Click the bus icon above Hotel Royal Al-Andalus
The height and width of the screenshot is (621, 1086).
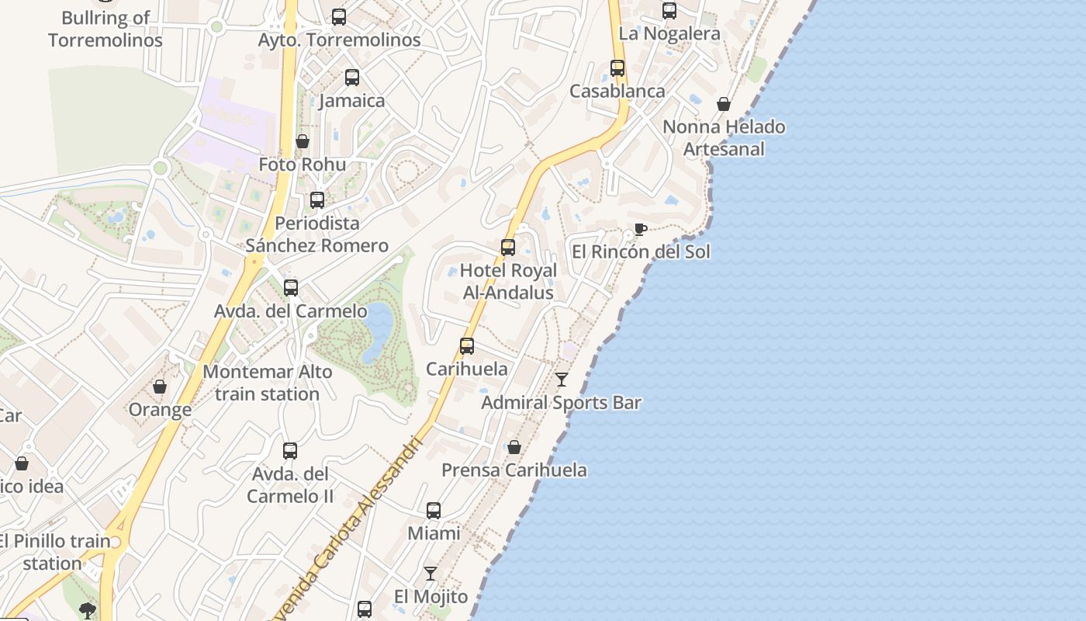coord(508,248)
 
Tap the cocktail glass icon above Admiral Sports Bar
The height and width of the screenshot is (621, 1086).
coord(562,380)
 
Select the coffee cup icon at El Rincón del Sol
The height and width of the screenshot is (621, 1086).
coord(639,229)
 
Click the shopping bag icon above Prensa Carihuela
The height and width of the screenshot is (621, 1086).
coord(514,447)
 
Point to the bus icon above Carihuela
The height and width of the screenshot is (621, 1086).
coord(467,346)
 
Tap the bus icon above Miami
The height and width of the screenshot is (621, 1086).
coord(434,511)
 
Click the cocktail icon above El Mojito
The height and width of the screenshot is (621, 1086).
coord(431,574)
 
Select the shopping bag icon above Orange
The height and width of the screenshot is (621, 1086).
coord(160,387)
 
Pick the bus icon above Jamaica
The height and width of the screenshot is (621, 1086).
coord(352,78)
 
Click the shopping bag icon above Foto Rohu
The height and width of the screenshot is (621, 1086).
coord(303,141)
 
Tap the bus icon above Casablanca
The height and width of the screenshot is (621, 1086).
coord(617,68)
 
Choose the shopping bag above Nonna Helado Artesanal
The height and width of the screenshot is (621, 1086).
coord(724,104)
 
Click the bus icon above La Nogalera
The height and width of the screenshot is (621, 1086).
coord(669,11)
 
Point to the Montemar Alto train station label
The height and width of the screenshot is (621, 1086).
coord(268,383)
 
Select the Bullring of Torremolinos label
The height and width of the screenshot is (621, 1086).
coord(105,29)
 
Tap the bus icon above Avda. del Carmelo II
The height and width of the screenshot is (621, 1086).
coord(290,450)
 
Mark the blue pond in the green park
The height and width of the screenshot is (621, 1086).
coord(377,332)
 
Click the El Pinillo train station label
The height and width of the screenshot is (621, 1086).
coord(54,552)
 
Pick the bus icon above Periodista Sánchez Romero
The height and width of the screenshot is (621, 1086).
coord(317,200)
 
